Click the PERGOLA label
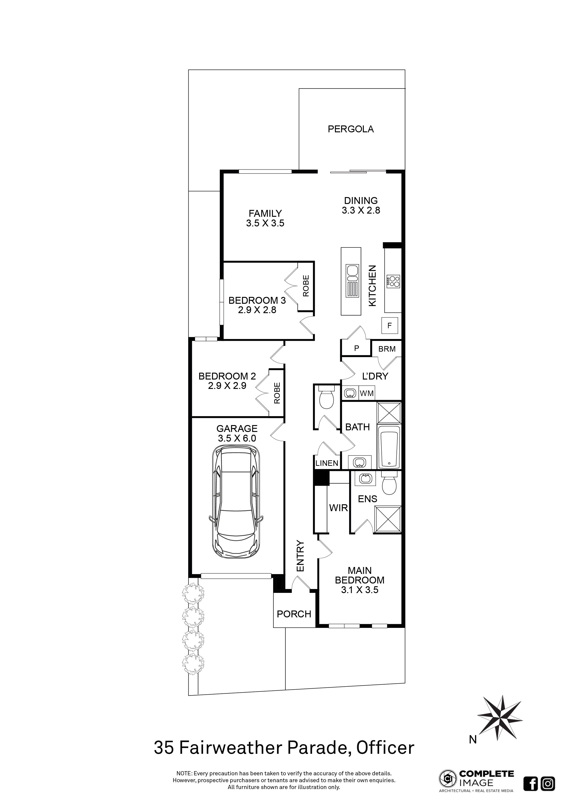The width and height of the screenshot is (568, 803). (351, 129)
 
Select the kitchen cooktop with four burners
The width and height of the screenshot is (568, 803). (394, 282)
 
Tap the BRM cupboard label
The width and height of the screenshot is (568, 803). (387, 349)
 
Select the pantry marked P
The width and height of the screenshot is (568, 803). (356, 348)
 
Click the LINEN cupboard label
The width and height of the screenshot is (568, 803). (327, 463)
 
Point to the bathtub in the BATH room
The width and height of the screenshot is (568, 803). (389, 450)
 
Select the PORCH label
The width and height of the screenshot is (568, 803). (294, 614)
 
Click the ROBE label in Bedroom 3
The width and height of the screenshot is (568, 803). (306, 286)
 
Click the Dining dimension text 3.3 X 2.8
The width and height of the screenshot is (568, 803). (361, 210)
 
